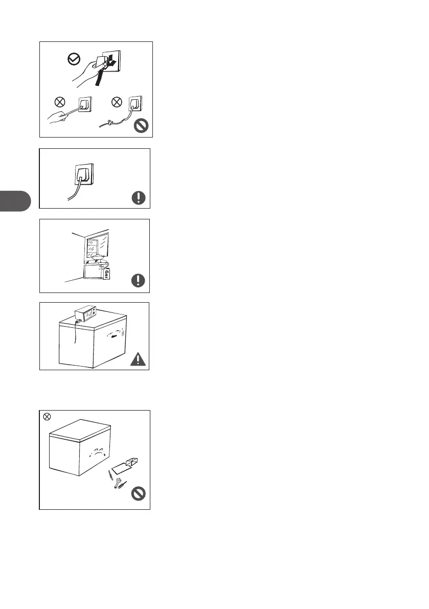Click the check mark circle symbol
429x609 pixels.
pyautogui.click(x=74, y=59)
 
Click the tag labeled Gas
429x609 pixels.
pyautogui.click(x=107, y=274)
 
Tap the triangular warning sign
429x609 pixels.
pyautogui.click(x=138, y=359)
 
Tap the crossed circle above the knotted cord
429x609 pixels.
pyautogui.click(x=117, y=102)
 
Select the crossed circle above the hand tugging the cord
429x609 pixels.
pyautogui.click(x=59, y=102)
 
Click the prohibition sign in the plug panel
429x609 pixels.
pyautogui.click(x=141, y=126)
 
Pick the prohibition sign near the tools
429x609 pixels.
pyautogui.click(x=138, y=493)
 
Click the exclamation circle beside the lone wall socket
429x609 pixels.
pyautogui.click(x=139, y=198)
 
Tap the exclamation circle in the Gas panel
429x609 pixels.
pyautogui.click(x=138, y=280)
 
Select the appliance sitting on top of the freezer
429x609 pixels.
pyautogui.click(x=85, y=313)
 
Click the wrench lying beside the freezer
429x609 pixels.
pyautogui.click(x=117, y=483)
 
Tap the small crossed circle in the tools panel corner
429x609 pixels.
pyautogui.click(x=47, y=417)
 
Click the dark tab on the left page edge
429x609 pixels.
pyautogui.click(x=15, y=201)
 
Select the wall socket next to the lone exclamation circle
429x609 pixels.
pyautogui.click(x=84, y=174)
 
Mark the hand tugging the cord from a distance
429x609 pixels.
pyautogui.click(x=57, y=117)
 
